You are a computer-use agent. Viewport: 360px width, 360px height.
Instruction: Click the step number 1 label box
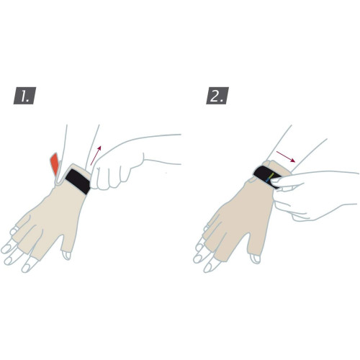[24, 96]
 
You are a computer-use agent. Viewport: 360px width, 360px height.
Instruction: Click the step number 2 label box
[217, 96]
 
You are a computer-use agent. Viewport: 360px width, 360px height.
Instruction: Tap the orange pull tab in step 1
[55, 164]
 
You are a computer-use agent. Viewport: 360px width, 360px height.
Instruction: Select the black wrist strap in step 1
[78, 181]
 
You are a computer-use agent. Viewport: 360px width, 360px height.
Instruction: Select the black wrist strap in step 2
[267, 176]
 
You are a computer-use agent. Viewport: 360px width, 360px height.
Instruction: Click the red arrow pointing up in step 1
[96, 156]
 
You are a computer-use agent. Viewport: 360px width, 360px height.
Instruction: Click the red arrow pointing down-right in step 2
[286, 156]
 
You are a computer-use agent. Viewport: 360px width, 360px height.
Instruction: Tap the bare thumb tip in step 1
[66, 255]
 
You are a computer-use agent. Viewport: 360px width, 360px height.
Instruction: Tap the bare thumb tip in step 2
[255, 258]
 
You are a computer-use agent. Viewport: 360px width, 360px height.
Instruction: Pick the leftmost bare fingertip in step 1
[5, 249]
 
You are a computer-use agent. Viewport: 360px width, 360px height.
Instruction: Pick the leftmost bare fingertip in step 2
[197, 258]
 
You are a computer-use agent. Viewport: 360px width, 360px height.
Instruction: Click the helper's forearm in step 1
[161, 150]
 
